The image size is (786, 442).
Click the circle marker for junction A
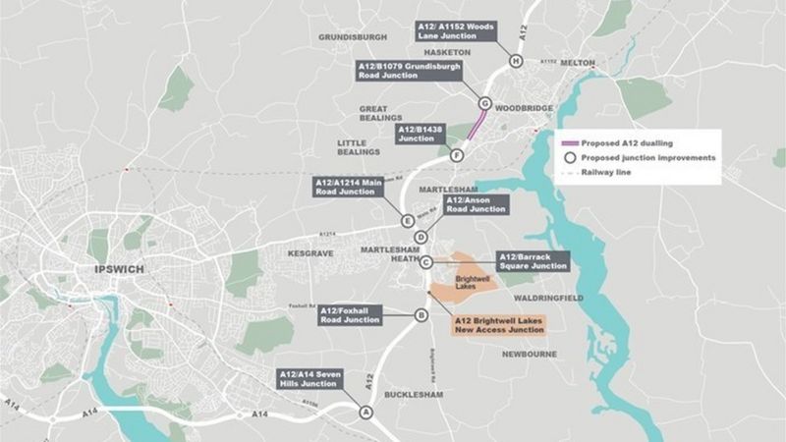(366, 413)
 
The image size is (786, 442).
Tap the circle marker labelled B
(421, 315)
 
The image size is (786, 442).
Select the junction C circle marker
(426, 262)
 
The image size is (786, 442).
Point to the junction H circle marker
(516, 62)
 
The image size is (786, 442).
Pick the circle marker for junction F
(457, 155)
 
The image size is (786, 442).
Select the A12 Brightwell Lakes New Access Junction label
(497, 325)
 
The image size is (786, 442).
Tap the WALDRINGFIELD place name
(545, 296)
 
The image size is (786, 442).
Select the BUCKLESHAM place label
(413, 394)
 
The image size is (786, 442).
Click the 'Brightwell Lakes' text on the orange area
(474, 283)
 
